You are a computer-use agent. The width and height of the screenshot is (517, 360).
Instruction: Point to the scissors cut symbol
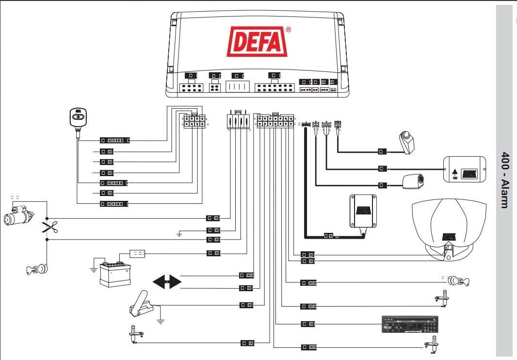click(49, 228)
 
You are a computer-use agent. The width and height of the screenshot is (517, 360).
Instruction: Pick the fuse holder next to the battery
click(137, 253)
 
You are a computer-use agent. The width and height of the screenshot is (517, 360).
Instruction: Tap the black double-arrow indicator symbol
click(167, 282)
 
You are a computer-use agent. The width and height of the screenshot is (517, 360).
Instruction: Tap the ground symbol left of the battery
click(93, 268)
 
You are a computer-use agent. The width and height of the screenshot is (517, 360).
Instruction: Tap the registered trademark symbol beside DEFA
click(289, 30)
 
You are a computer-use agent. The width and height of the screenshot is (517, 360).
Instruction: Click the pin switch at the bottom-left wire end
click(134, 334)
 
